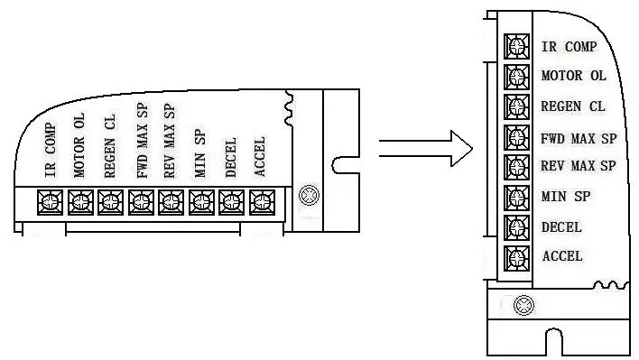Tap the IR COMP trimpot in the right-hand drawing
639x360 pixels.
(517, 46)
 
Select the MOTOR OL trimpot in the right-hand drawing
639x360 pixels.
(517, 76)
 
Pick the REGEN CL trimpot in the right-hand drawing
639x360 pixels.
(517, 106)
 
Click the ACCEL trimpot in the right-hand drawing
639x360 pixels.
(517, 256)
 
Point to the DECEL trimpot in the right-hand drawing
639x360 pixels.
(517, 226)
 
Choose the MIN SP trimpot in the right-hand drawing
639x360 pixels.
(517, 197)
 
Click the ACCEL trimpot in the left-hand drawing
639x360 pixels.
(262, 200)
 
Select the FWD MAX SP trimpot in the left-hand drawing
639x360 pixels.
(141, 200)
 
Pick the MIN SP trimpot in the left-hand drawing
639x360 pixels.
(201, 200)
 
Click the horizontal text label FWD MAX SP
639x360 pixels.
(579, 138)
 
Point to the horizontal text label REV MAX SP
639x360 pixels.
(578, 166)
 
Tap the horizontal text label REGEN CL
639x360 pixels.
(572, 106)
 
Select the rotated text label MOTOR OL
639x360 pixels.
(79, 144)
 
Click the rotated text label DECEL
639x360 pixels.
(230, 158)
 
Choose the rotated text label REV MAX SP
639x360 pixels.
(170, 140)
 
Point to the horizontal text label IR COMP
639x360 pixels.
(569, 46)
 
